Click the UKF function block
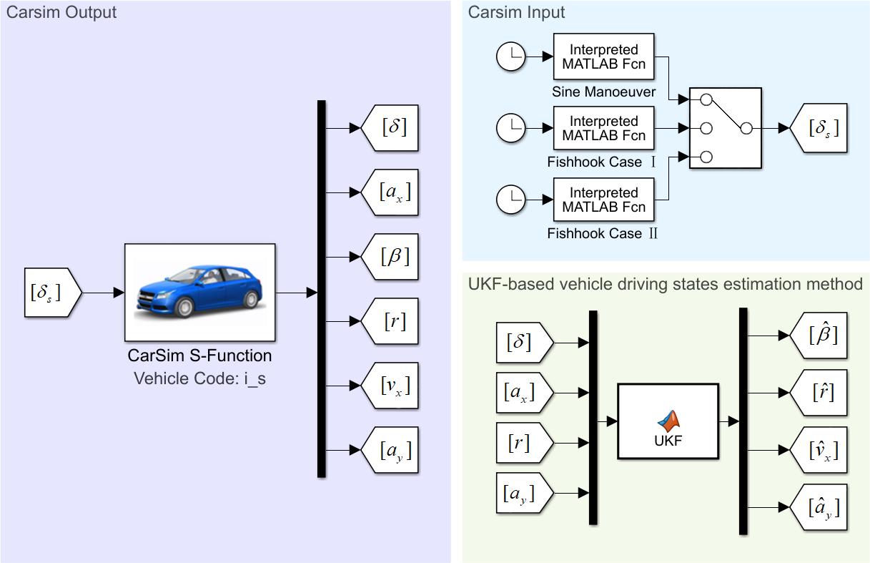click(x=668, y=421)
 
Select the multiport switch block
click(x=726, y=128)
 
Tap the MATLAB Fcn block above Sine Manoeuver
click(x=603, y=57)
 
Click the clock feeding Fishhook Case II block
click(x=511, y=200)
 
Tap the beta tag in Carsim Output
click(x=390, y=257)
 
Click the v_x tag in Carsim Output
click(x=390, y=386)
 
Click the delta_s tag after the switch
click(x=819, y=128)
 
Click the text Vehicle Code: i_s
click(x=199, y=379)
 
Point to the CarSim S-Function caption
click(x=199, y=356)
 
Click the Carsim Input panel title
click(x=516, y=12)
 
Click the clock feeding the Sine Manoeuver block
click(x=511, y=57)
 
